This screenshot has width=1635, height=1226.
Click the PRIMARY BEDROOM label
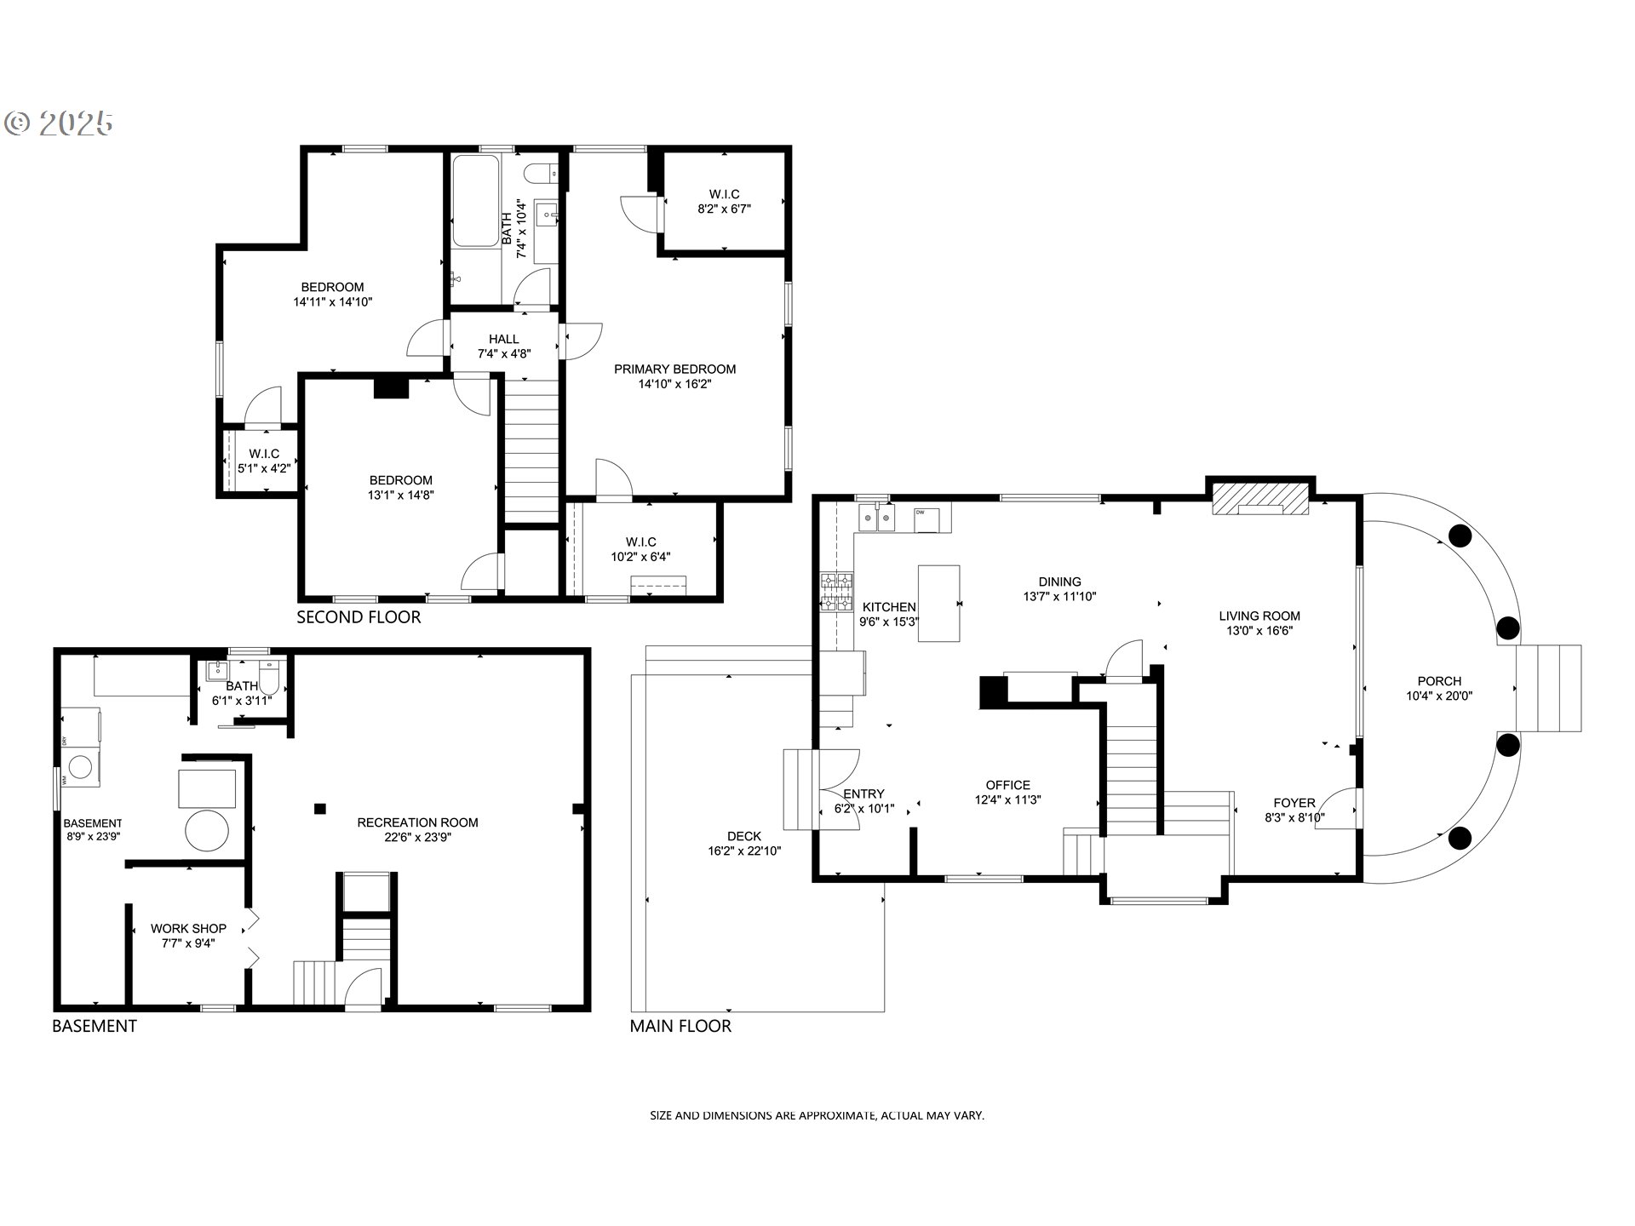674,369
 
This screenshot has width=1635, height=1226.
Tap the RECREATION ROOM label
417,822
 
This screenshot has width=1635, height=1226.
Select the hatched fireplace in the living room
1261,499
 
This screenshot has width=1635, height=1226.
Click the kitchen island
938,603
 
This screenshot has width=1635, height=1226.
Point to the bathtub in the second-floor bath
475,202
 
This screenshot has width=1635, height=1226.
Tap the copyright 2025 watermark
59,124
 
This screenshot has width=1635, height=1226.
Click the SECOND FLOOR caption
359,617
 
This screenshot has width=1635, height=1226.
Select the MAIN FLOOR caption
680,1026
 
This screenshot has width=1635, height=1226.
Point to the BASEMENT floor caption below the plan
95,1026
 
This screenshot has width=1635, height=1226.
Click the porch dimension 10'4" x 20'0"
1439,696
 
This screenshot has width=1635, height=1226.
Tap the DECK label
744,836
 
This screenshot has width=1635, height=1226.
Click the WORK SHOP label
188,928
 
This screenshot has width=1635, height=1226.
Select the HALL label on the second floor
504,339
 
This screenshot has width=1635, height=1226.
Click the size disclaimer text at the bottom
817,1114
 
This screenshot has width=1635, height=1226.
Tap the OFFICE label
1008,785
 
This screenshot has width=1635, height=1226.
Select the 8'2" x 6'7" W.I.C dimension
724,209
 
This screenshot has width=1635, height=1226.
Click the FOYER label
1294,803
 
